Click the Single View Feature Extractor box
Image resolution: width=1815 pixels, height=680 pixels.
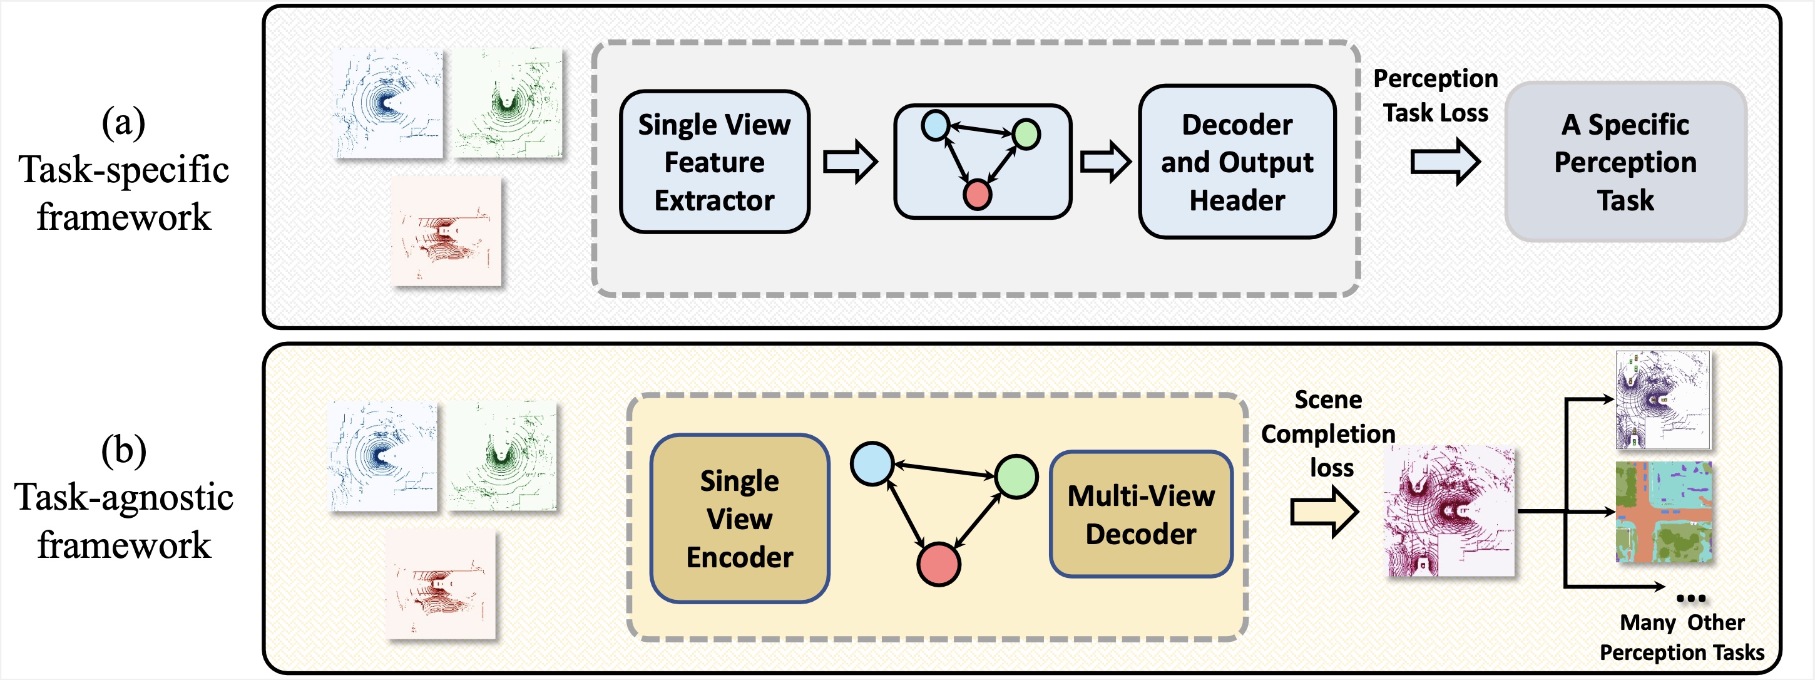715,162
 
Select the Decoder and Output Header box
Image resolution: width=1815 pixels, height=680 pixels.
1237,162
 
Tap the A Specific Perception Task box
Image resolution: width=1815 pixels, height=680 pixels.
1625,162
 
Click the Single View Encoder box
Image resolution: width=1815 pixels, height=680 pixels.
739,518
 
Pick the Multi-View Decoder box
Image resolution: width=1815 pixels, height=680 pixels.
1141,515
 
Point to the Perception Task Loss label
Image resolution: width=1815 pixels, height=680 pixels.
1435,96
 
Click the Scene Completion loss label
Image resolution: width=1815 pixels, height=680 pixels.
1328,433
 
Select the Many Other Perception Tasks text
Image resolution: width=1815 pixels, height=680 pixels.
1682,637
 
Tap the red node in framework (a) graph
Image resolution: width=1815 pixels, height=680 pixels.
977,195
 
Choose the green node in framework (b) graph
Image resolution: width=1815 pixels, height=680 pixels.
1016,477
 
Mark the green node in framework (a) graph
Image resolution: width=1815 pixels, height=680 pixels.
1026,134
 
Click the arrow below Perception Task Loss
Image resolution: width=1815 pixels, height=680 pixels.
1444,162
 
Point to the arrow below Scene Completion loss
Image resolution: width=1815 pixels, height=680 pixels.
1324,512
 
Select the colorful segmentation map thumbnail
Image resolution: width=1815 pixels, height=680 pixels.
1663,512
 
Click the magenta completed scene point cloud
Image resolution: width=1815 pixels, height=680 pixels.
1450,512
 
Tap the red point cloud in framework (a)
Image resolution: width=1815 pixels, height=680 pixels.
446,231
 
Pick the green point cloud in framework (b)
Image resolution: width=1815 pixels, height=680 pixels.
503,456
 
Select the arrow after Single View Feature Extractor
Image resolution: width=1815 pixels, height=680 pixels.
851,162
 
